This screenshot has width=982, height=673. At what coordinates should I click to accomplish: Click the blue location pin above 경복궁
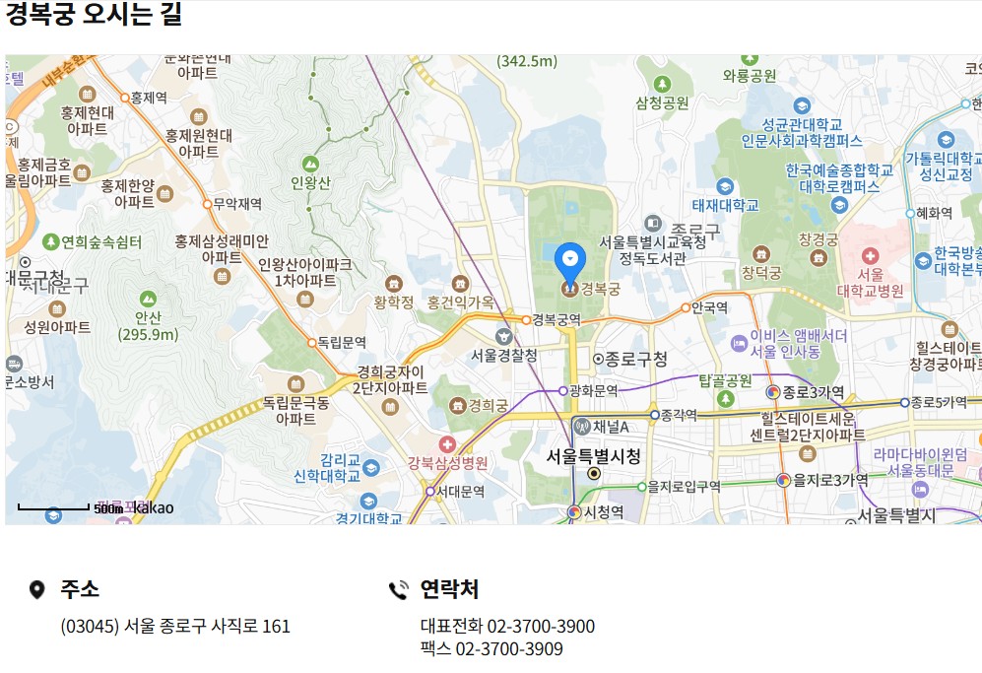(x=569, y=260)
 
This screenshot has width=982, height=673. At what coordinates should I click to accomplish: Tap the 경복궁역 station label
(x=556, y=319)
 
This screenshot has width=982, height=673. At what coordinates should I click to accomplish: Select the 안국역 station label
(x=709, y=307)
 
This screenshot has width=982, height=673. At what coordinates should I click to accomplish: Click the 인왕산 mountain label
(x=310, y=182)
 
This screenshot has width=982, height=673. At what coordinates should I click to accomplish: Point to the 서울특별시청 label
(x=593, y=457)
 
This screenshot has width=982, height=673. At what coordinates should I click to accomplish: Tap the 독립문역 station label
(x=342, y=343)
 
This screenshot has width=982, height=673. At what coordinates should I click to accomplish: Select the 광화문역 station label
(x=593, y=390)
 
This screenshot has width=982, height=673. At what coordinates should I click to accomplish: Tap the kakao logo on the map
(x=153, y=508)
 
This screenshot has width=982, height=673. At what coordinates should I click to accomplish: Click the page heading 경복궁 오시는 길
(x=94, y=15)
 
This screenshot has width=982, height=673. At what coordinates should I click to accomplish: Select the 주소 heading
(x=80, y=589)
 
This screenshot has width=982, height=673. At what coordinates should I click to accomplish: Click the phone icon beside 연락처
(x=399, y=590)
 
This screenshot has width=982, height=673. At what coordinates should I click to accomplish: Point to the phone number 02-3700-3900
(x=541, y=627)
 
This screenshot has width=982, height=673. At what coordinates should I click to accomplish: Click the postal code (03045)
(x=90, y=627)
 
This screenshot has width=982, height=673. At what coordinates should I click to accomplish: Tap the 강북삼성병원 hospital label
(x=448, y=463)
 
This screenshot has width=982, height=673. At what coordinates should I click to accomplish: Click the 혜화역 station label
(x=933, y=213)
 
